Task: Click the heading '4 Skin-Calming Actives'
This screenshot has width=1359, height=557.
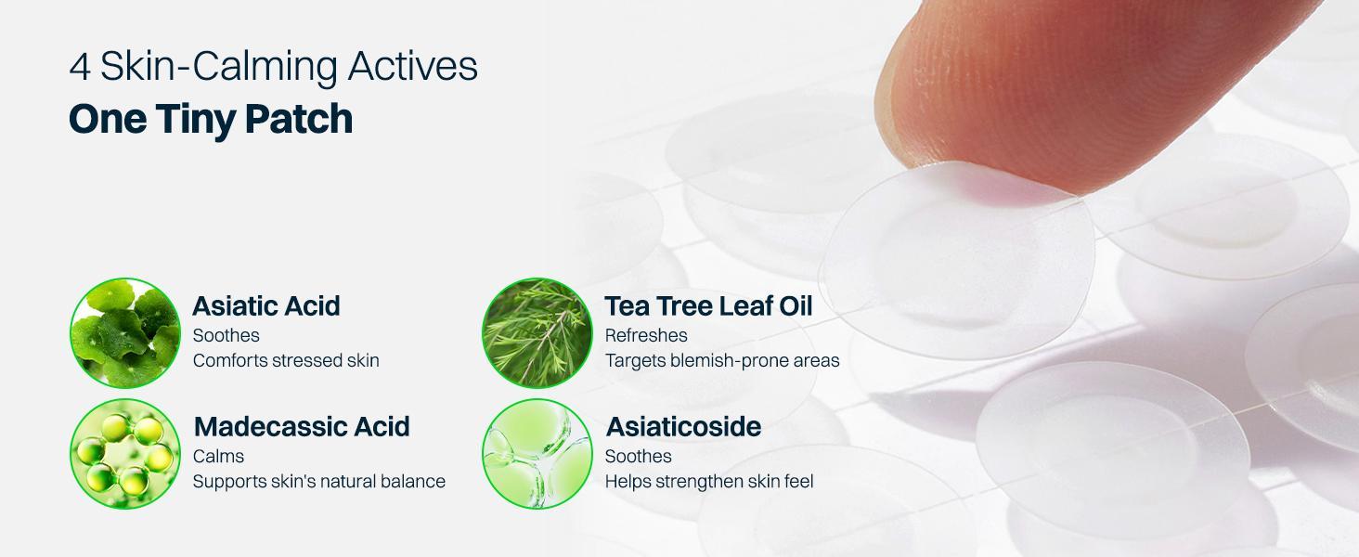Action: pyautogui.click(x=273, y=67)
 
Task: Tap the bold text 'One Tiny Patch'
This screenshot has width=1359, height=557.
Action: pyautogui.click(x=211, y=120)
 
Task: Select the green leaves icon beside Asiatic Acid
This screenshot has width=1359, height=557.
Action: pyautogui.click(x=125, y=333)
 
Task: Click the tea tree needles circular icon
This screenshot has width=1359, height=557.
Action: pyautogui.click(x=537, y=333)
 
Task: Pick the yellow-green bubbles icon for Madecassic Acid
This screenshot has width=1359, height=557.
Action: pyautogui.click(x=125, y=454)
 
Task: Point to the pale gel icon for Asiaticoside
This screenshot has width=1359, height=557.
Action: pyautogui.click(x=537, y=454)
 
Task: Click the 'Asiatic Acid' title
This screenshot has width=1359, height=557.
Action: pyautogui.click(x=266, y=305)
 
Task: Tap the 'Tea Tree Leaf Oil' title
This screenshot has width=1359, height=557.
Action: pyautogui.click(x=708, y=305)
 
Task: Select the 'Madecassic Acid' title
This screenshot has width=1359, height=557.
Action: pyautogui.click(x=302, y=426)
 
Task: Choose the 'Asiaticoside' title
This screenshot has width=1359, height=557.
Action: pyautogui.click(x=683, y=426)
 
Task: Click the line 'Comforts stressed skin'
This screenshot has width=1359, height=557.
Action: pyautogui.click(x=286, y=360)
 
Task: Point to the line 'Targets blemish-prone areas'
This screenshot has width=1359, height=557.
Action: pyautogui.click(x=722, y=360)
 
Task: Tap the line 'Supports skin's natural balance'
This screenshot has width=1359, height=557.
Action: pyautogui.click(x=319, y=481)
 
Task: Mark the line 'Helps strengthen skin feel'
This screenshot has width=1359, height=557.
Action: pyautogui.click(x=708, y=481)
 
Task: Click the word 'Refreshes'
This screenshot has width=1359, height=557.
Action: pyautogui.click(x=646, y=335)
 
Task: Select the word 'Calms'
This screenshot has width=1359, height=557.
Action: pyautogui.click(x=218, y=456)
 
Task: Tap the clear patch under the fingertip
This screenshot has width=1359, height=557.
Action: pyautogui.click(x=957, y=261)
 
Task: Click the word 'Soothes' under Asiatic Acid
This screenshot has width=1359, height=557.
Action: pyautogui.click(x=226, y=335)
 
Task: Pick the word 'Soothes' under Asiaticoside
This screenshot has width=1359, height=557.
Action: pyautogui.click(x=638, y=456)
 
